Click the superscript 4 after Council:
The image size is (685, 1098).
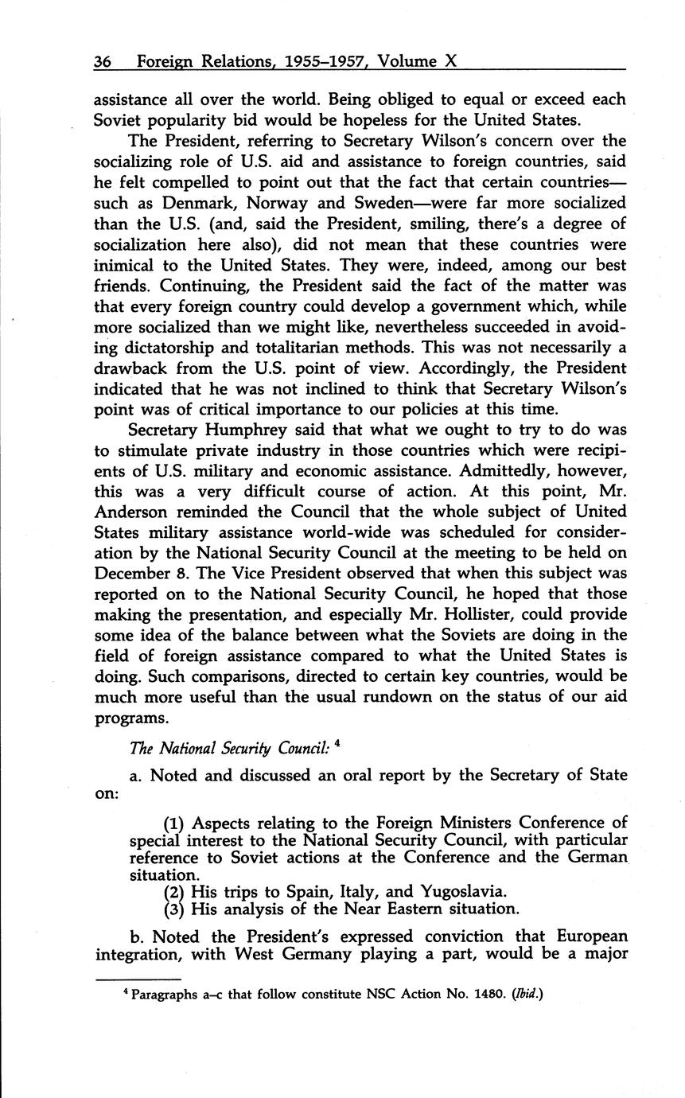[x=338, y=744]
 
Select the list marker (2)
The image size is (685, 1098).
[x=175, y=891]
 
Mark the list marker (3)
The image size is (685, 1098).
[x=175, y=909]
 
